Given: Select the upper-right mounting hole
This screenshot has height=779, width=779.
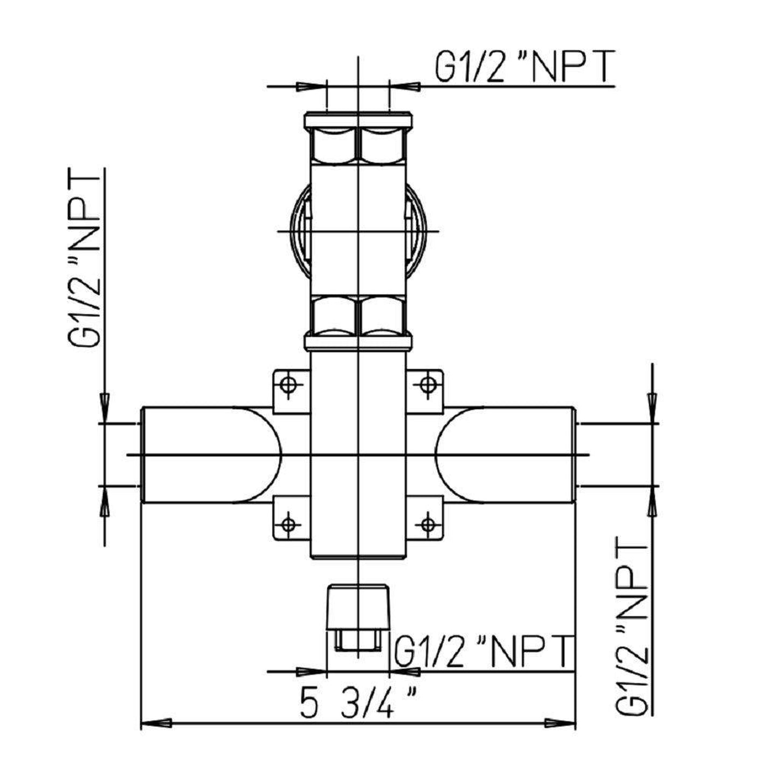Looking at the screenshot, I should click(428, 385).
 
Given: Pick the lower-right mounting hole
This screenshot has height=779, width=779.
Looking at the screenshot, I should click(428, 523).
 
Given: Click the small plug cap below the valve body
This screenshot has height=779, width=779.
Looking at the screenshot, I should click(358, 606).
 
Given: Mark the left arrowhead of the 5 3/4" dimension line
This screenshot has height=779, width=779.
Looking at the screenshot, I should click(156, 722).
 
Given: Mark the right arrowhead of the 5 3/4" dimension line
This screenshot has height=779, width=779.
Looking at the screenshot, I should click(561, 722).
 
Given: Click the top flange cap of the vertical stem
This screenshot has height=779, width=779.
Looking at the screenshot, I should click(358, 119).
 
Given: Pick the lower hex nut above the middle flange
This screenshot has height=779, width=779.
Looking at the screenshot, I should click(358, 315).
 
